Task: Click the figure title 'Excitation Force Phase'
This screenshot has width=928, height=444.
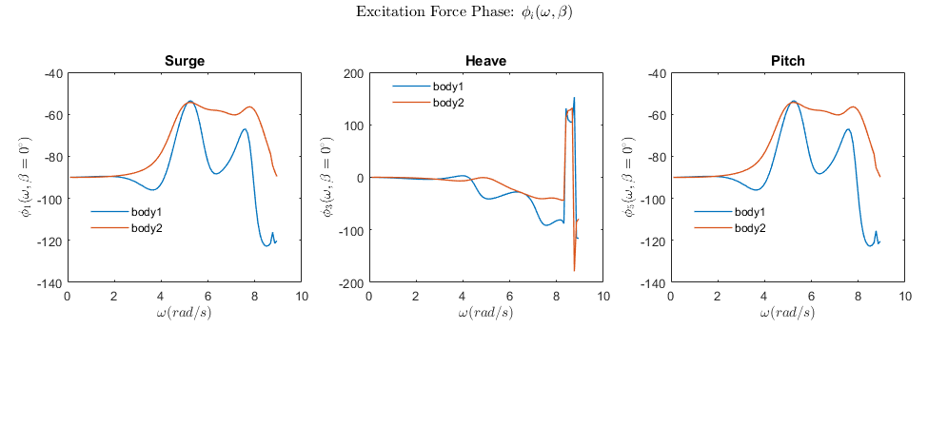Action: point(464,12)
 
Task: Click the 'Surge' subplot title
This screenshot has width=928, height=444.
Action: point(184,62)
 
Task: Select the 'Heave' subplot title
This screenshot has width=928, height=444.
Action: point(485,62)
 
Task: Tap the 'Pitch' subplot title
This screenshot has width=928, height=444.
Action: point(787,62)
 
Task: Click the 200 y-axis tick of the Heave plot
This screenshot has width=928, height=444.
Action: point(352,73)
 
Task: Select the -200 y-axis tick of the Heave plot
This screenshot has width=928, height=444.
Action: point(351,283)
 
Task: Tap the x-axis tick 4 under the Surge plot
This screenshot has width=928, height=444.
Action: point(161,297)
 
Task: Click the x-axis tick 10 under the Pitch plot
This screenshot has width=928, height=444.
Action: point(905,297)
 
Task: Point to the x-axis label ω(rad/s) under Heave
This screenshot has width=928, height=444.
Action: point(485,313)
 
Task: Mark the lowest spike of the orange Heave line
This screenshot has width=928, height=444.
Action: point(574,271)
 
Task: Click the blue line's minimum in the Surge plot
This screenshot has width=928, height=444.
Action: point(267,246)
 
